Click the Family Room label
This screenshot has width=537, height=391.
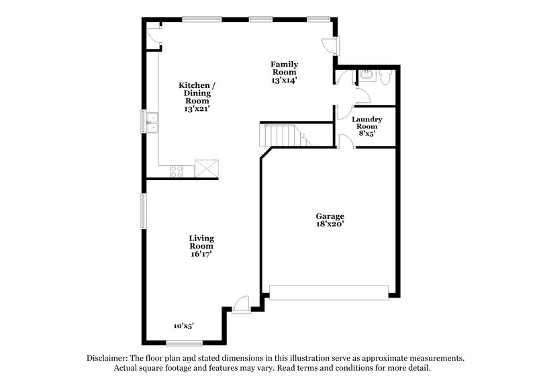click(x=284, y=71)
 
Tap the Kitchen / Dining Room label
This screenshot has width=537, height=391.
click(x=197, y=97)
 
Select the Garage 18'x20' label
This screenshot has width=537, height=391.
click(x=330, y=220)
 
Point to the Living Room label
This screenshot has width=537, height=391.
click(x=201, y=246)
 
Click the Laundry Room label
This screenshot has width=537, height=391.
click(x=367, y=126)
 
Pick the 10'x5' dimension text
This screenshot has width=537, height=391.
click(x=183, y=326)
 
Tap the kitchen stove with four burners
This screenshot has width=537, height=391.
click(x=177, y=171)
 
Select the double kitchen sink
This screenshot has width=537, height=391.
click(x=152, y=122)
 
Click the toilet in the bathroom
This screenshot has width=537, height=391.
click(x=385, y=79)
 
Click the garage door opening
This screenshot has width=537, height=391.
click(x=329, y=292)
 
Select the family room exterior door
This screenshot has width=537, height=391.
click(x=331, y=45)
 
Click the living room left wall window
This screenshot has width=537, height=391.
click(x=142, y=211)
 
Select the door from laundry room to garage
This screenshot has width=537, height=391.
click(x=343, y=140)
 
